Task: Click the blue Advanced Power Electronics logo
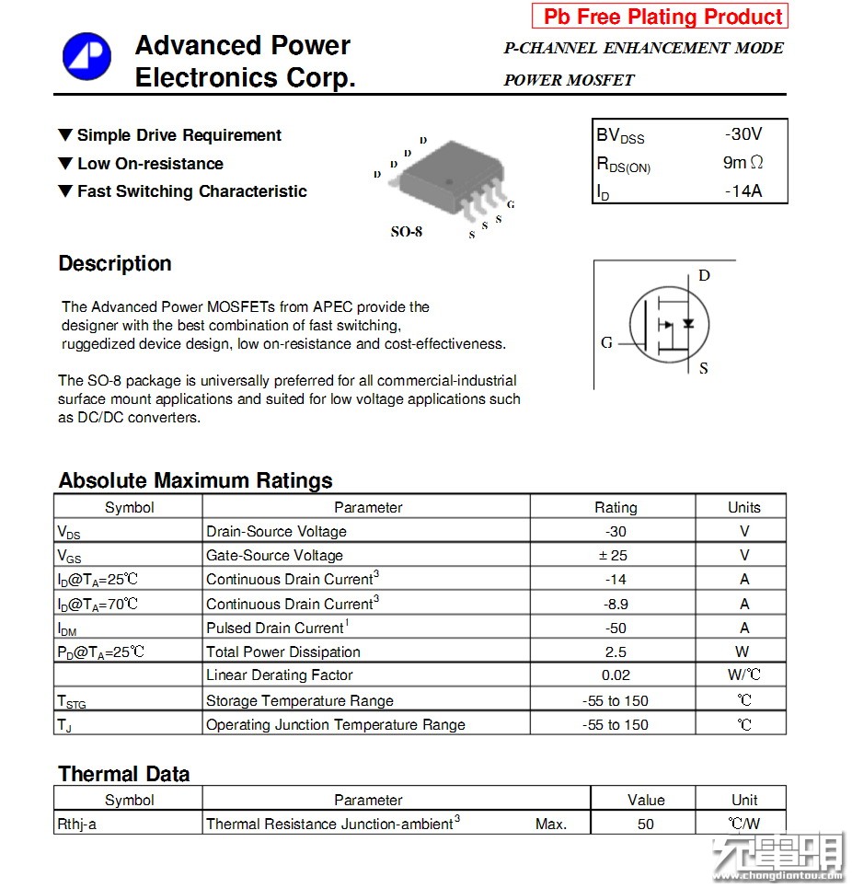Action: coord(86,56)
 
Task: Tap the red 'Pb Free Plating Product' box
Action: coord(661,17)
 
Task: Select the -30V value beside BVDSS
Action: coord(743,134)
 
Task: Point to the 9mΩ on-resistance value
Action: coord(743,163)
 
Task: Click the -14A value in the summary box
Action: coord(743,191)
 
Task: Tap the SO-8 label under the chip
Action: coord(407,232)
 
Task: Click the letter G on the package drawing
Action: coord(511,204)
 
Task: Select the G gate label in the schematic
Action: coord(606,343)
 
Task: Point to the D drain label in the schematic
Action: coord(704,275)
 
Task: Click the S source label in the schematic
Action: coord(704,369)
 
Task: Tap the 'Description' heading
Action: coord(115,264)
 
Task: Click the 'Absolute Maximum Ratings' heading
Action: coord(195,480)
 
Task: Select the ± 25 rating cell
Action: coord(616,555)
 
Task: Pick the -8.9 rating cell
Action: coord(616,604)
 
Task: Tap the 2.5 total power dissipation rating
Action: coord(616,652)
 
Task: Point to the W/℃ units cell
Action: coord(743,675)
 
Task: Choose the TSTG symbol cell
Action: coord(72,701)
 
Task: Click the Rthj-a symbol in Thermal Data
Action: coord(77,824)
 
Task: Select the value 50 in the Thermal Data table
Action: coord(645,824)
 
